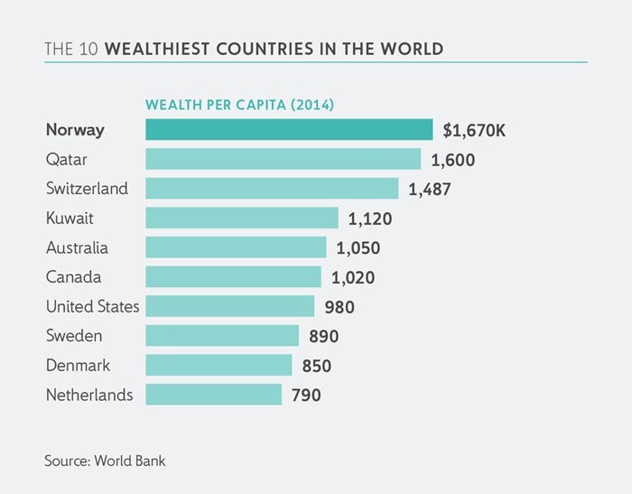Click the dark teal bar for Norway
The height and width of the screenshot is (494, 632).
tap(289, 130)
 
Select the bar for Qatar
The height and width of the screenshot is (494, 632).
tap(283, 160)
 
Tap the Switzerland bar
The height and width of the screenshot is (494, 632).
tap(272, 189)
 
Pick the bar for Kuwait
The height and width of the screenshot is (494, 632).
tap(241, 219)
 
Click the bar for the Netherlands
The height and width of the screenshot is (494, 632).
tap(213, 395)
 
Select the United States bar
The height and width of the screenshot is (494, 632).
tap(229, 306)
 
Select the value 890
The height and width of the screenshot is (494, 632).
tap(323, 336)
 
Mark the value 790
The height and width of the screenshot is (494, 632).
tap(306, 395)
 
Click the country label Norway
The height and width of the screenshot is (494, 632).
tap(75, 130)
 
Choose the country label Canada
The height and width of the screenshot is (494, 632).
tap(73, 277)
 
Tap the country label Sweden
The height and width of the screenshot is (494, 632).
tap(74, 336)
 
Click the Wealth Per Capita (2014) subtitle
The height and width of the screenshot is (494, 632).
tap(240, 105)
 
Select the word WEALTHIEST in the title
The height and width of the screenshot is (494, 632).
tap(156, 48)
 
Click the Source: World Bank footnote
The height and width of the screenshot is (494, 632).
tap(105, 461)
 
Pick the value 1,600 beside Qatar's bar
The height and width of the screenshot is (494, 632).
tap(453, 160)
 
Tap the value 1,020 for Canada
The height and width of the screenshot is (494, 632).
tap(354, 277)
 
